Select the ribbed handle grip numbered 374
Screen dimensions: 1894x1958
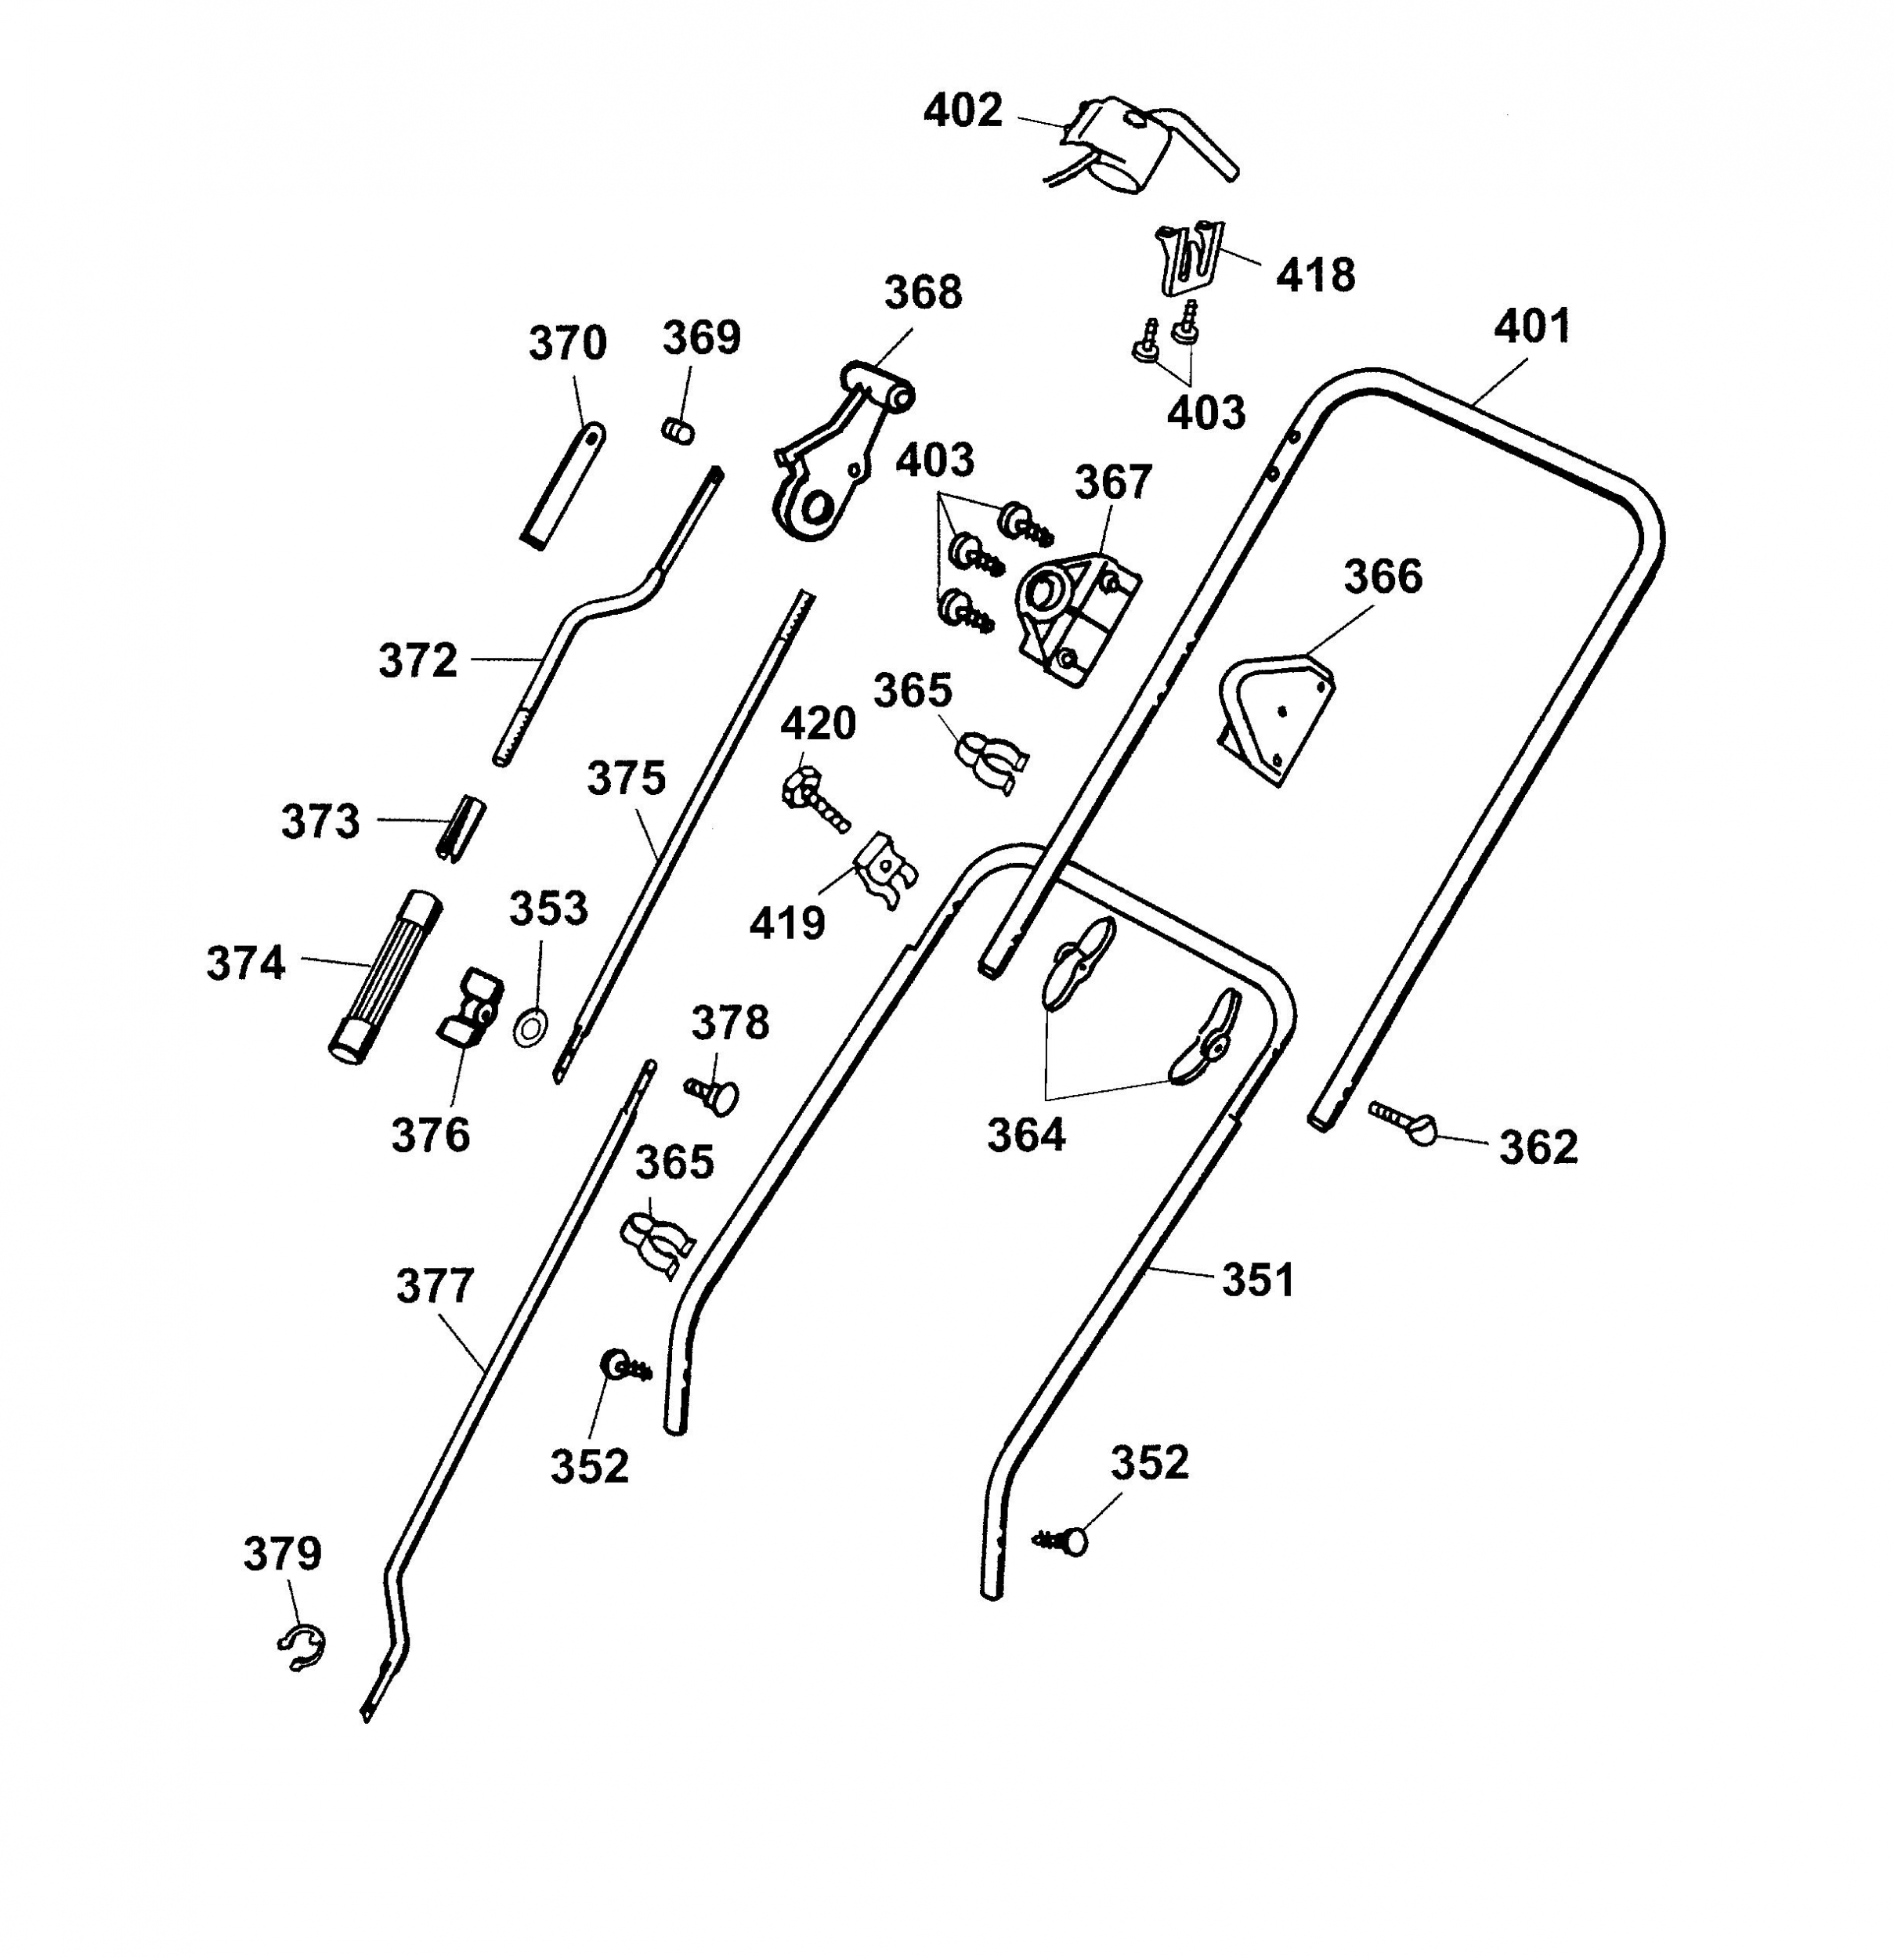point(385,977)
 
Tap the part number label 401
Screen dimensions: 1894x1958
point(1532,327)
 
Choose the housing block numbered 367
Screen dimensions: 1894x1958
point(1077,619)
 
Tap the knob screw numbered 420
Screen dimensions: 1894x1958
point(814,799)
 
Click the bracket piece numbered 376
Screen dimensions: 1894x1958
point(468,1007)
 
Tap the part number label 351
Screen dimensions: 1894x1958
point(1258,1281)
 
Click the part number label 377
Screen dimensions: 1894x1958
point(435,1287)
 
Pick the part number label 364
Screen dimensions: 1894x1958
point(1026,1135)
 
